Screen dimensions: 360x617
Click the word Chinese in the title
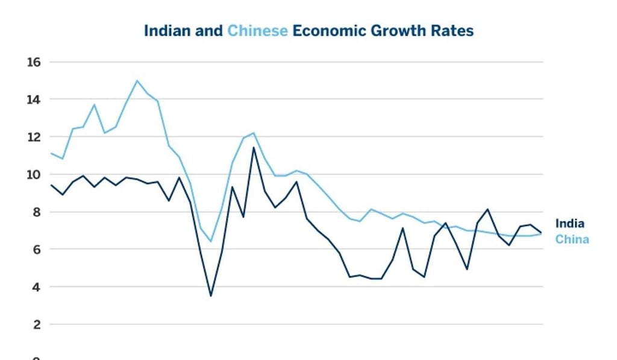(257, 31)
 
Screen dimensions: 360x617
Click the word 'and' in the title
(208, 31)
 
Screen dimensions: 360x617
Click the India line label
(569, 224)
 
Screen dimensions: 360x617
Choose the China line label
(572, 239)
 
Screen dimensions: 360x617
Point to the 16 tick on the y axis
(33, 62)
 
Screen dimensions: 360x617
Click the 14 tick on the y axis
(33, 99)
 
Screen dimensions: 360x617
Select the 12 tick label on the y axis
(33, 137)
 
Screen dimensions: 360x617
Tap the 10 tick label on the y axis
(33, 175)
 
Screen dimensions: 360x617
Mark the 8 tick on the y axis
(36, 212)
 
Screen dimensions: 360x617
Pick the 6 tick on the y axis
(36, 250)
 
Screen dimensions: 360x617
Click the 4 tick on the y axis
(36, 287)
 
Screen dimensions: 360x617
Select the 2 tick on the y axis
(36, 325)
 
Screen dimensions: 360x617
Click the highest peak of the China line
(137, 80)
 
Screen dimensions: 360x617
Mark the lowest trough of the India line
(211, 295)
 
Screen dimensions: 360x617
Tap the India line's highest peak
(254, 147)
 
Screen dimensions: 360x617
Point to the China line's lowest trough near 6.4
(211, 241)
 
